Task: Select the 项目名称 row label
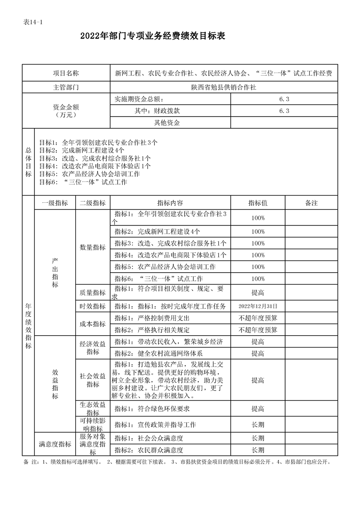pos(66,73)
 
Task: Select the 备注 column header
pos(311,203)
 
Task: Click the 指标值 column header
pos(258,203)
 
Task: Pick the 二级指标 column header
pos(93,203)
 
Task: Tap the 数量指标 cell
pos(93,247)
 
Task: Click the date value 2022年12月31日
pos(258,306)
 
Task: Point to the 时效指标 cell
pos(93,306)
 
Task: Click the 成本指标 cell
pos(93,324)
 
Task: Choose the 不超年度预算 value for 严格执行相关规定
pos(258,330)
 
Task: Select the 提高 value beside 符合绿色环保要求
pos(258,409)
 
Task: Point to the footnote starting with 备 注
pos(177,462)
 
